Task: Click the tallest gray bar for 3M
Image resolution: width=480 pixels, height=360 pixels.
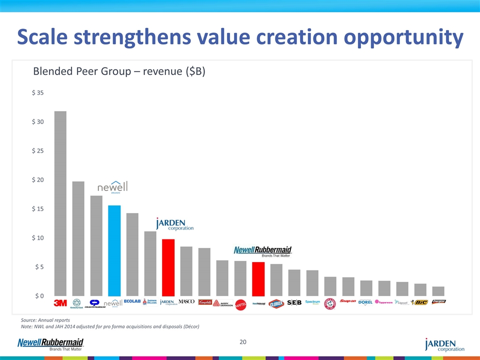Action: coord(60,203)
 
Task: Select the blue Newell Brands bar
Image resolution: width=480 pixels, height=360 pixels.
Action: coord(114,250)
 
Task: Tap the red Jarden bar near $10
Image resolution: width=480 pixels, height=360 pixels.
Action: coord(168,267)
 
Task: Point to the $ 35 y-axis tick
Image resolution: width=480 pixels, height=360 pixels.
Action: coord(37,92)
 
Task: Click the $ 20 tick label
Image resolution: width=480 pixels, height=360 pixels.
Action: coord(37,180)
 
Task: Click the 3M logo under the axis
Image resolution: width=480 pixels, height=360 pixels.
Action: coord(60,302)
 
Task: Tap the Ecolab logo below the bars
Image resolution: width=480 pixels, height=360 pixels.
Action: coord(132,301)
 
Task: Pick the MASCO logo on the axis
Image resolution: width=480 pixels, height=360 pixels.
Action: coord(186,301)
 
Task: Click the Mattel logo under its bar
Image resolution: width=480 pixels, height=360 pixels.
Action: coord(240,303)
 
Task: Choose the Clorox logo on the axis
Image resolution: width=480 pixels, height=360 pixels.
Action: coord(276,303)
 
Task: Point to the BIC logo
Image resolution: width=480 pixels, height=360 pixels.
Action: coord(419,302)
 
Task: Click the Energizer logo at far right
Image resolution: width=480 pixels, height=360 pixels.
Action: coord(438,301)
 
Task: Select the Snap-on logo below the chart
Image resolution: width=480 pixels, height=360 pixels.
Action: coord(348,301)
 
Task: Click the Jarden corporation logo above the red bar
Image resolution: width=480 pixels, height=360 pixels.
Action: coord(174,224)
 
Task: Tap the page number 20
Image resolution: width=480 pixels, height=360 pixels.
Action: coord(243,342)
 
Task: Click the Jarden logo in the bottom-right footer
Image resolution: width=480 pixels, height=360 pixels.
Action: coord(444,344)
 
